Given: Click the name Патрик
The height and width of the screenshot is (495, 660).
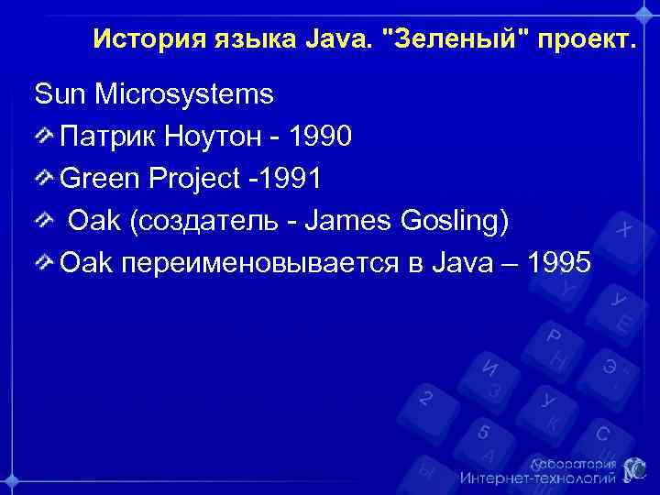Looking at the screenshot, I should coord(105,137).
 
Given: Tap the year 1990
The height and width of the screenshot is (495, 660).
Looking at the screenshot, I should coord(320,137).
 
